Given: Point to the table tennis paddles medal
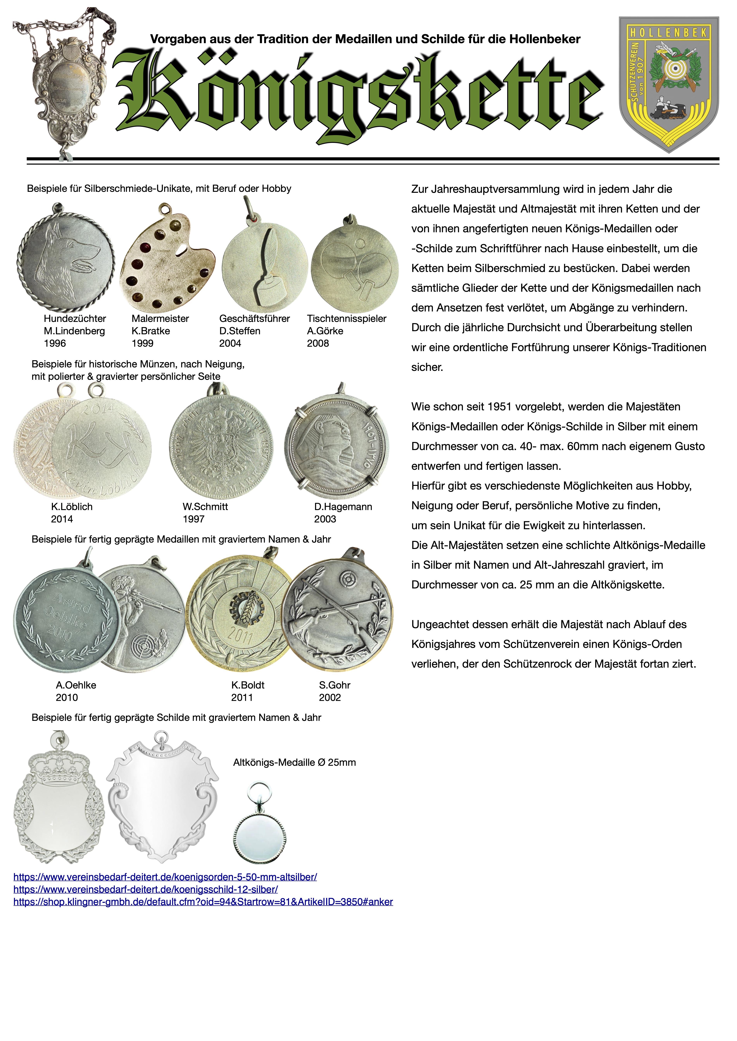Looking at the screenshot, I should [354, 268].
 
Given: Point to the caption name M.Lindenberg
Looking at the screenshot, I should [74, 331].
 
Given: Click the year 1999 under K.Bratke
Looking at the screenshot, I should [142, 343].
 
